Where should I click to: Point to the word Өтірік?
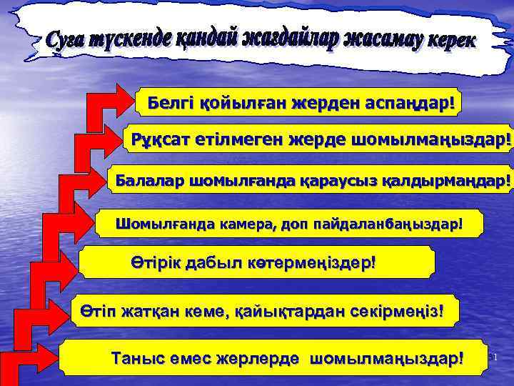point(156,262)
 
